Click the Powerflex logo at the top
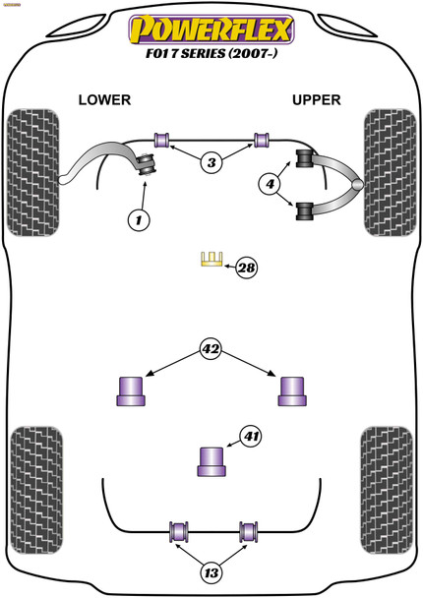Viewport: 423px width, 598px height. pyautogui.click(x=211, y=30)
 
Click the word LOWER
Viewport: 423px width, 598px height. pyautogui.click(x=104, y=100)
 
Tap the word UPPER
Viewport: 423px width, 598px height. pyautogui.click(x=316, y=100)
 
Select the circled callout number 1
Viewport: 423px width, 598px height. pyautogui.click(x=139, y=220)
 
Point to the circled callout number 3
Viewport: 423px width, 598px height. pyautogui.click(x=211, y=163)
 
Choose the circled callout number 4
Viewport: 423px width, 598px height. pyautogui.click(x=271, y=184)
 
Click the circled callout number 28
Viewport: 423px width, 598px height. pyautogui.click(x=247, y=268)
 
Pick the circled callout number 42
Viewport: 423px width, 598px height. pyautogui.click(x=211, y=349)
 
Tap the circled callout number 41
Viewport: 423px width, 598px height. pyautogui.click(x=251, y=436)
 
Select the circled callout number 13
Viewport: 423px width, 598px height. pyautogui.click(x=211, y=572)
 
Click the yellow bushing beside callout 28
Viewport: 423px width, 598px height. pyautogui.click(x=211, y=259)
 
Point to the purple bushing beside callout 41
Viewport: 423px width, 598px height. pyautogui.click(x=211, y=461)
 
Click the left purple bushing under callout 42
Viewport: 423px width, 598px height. pyautogui.click(x=131, y=391)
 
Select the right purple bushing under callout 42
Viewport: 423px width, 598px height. pyautogui.click(x=292, y=391)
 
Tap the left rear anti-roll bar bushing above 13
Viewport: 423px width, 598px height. pyautogui.click(x=178, y=531)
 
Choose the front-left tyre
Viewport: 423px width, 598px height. pyautogui.click(x=33, y=173)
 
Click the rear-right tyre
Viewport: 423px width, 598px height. pyautogui.click(x=387, y=491)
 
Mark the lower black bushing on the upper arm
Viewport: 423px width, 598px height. pyautogui.click(x=305, y=211)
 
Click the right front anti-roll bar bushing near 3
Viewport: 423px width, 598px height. pyautogui.click(x=262, y=140)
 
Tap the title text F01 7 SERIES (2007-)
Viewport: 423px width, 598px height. pyautogui.click(x=211, y=53)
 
